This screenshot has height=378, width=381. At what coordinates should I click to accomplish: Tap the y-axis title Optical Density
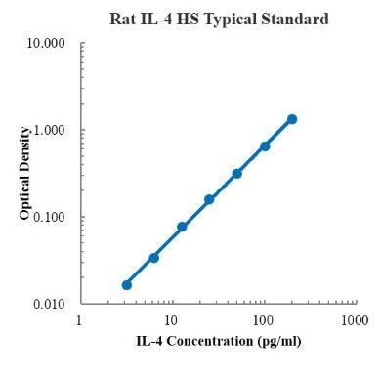coord(25,174)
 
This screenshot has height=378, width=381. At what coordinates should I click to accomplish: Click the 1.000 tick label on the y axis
coord(50,131)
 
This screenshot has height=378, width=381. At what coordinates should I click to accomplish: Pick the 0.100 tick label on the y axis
coord(50,217)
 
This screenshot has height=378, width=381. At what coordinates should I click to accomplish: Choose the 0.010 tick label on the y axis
coord(50,304)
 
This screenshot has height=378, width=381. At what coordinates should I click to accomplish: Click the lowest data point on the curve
coord(127,285)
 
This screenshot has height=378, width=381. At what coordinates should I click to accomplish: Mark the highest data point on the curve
coord(292,119)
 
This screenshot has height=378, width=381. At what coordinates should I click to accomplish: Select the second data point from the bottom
coord(154,258)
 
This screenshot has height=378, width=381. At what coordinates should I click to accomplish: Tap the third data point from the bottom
coord(182,227)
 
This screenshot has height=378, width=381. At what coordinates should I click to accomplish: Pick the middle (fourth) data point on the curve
coord(209,199)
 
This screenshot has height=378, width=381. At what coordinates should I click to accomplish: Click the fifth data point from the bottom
coord(237,174)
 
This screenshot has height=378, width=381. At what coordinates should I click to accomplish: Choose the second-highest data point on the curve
coord(265,147)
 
